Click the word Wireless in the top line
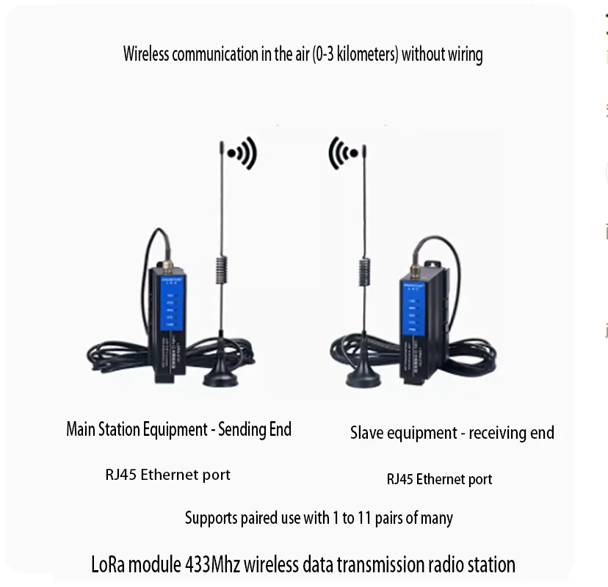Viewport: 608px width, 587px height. (x=145, y=54)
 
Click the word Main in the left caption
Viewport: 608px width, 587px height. (x=82, y=429)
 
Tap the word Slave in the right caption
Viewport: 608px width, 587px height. (x=367, y=433)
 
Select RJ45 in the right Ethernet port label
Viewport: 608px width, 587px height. (x=399, y=480)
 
